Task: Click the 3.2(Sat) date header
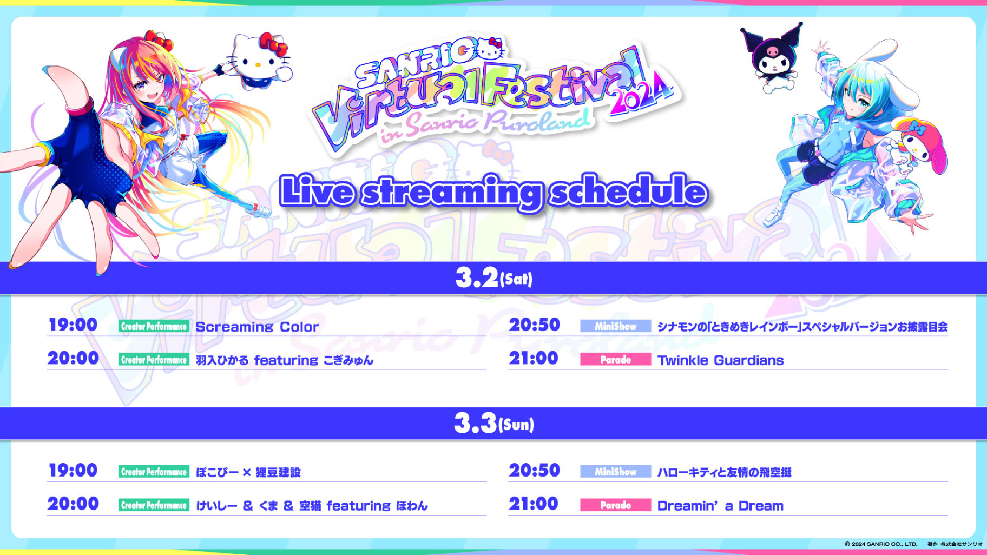coord(493,278)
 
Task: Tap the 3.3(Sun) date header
coord(493,424)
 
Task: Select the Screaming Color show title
coord(257,327)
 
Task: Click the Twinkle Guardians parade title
coord(720,360)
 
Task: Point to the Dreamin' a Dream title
coord(720,506)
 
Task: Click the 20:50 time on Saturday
coord(534,325)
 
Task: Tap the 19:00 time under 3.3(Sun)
coord(73,470)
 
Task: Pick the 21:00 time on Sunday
coord(534,504)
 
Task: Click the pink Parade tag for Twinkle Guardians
coord(615,360)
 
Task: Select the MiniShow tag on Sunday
coord(615,472)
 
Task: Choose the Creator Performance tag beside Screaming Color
coord(154,326)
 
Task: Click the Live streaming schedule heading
coord(493,191)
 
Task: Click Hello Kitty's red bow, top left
coord(272,43)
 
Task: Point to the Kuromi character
coord(772,56)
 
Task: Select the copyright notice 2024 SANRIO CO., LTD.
coord(881,544)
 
